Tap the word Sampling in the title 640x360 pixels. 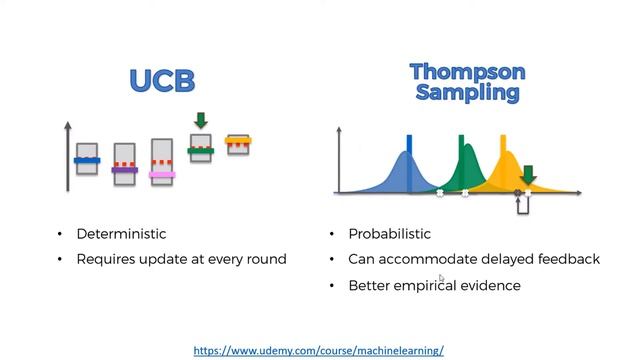coord(468,93)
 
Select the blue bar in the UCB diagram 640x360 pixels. coord(87,160)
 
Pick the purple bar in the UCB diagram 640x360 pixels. coord(124,170)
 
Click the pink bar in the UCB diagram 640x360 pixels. coord(162,174)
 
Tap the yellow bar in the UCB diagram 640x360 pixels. coord(238,140)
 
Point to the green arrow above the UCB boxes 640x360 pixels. coord(201,121)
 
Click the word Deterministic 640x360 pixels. coord(121,234)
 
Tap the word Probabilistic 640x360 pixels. coord(389,234)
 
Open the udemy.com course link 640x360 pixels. coord(318,351)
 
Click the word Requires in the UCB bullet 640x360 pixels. coord(105,259)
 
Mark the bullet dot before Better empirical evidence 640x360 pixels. coord(332,286)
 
